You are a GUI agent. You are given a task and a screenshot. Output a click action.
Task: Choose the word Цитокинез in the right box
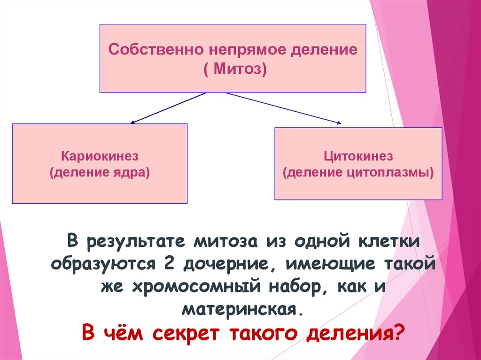358,156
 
